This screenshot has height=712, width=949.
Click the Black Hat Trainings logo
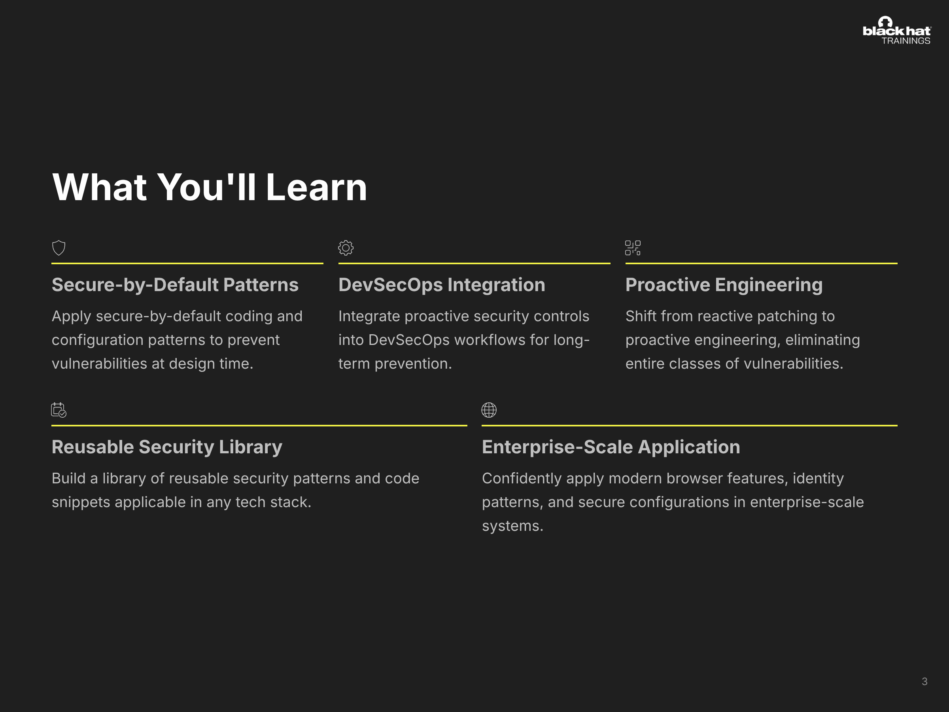pos(897,30)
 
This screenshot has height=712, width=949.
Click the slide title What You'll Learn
pos(209,187)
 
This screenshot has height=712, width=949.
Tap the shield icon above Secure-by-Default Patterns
pos(59,248)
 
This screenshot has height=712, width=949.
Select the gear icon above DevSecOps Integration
pos(346,248)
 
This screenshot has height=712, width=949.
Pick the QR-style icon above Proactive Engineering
pos(633,248)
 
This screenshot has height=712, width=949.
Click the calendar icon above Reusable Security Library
pos(59,410)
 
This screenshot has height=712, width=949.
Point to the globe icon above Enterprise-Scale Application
pos(489,410)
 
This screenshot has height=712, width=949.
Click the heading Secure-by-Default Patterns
pos(175,285)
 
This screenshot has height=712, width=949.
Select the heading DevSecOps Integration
pos(442,285)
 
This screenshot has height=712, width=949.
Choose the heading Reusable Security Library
pos(167,447)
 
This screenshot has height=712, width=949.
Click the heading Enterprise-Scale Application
pos(611,447)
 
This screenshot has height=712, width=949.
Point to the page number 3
pos(924,682)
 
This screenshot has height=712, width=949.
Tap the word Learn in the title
pos(317,187)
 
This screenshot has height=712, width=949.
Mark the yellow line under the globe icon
pos(690,425)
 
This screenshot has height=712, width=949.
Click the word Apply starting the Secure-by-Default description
pos(72,317)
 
